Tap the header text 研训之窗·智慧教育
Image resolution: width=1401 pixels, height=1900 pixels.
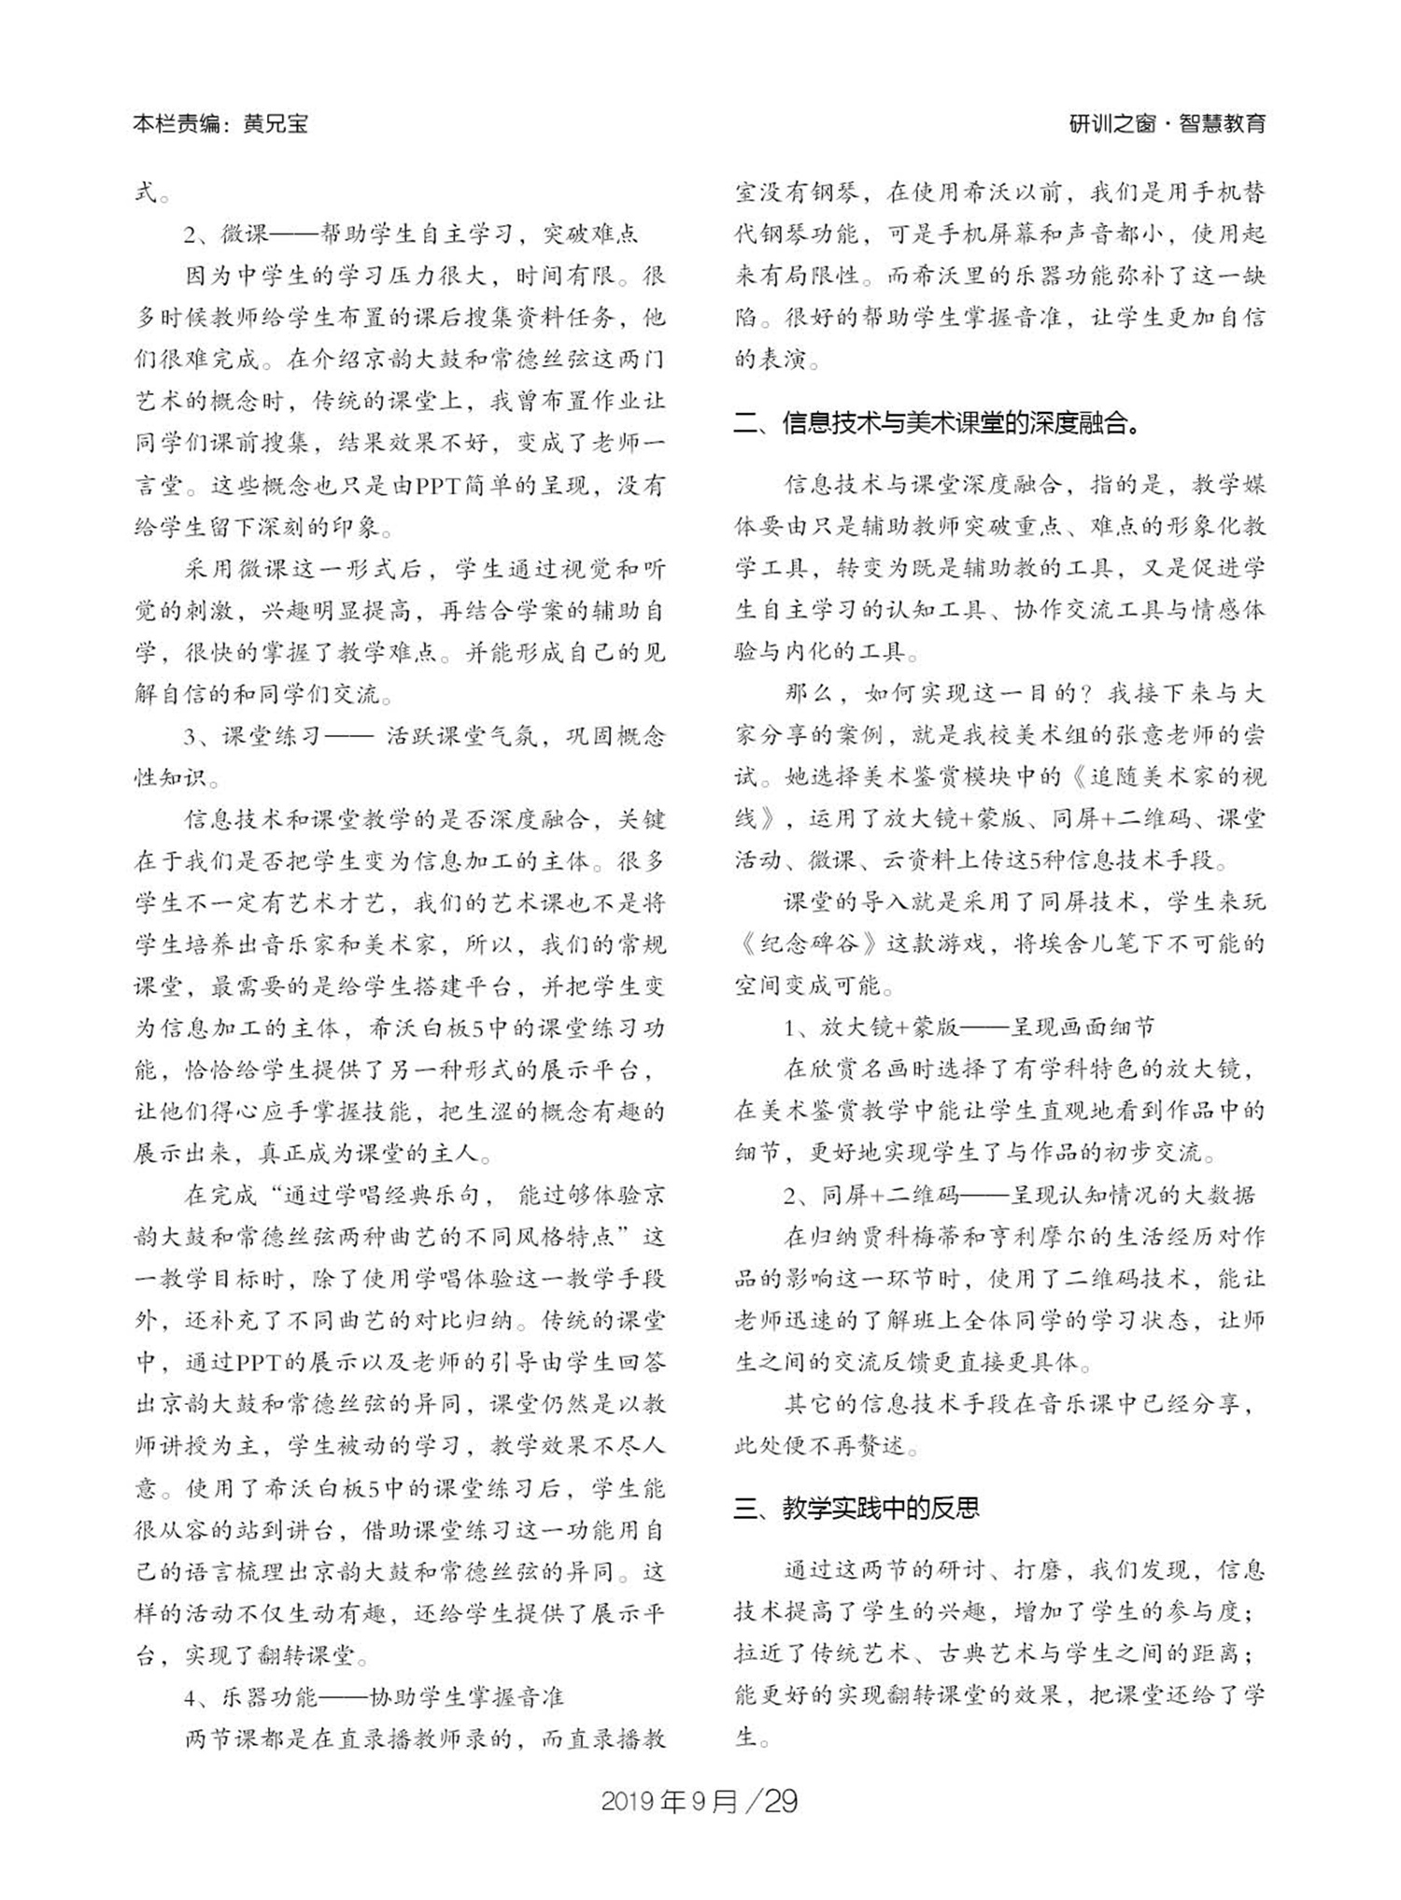coord(1167,123)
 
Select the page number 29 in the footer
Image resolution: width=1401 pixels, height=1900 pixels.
coord(780,1802)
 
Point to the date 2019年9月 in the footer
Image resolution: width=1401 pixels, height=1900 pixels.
coord(669,1802)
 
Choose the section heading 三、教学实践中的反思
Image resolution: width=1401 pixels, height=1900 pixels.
coord(856,1509)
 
